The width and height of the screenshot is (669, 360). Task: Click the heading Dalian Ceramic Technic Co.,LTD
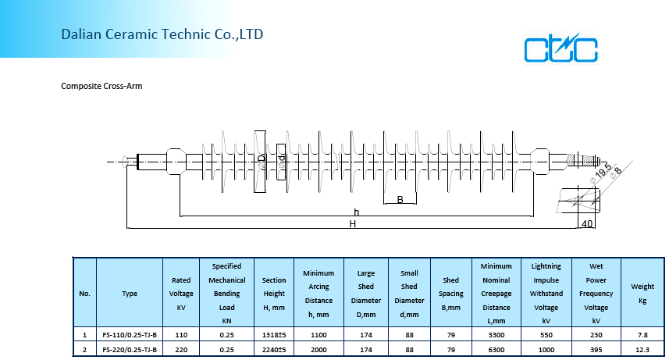162,34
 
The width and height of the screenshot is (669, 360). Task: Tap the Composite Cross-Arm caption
101,86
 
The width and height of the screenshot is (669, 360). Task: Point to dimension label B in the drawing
400,200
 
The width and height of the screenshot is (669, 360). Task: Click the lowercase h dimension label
356,212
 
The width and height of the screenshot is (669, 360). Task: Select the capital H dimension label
353,224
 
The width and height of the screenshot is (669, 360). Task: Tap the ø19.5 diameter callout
601,173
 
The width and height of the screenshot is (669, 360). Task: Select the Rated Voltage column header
181,294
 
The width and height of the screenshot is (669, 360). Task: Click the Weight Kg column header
642,294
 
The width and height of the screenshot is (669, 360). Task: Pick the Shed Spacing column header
451,294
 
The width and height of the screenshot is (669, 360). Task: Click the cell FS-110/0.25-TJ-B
130,334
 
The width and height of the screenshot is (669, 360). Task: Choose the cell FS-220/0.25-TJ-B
130,349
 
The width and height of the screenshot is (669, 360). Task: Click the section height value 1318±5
274,334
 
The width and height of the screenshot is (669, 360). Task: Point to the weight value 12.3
642,349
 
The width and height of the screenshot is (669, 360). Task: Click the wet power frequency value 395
596,349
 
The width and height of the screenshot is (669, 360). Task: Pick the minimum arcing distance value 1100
318,334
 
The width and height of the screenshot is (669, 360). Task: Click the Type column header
130,294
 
